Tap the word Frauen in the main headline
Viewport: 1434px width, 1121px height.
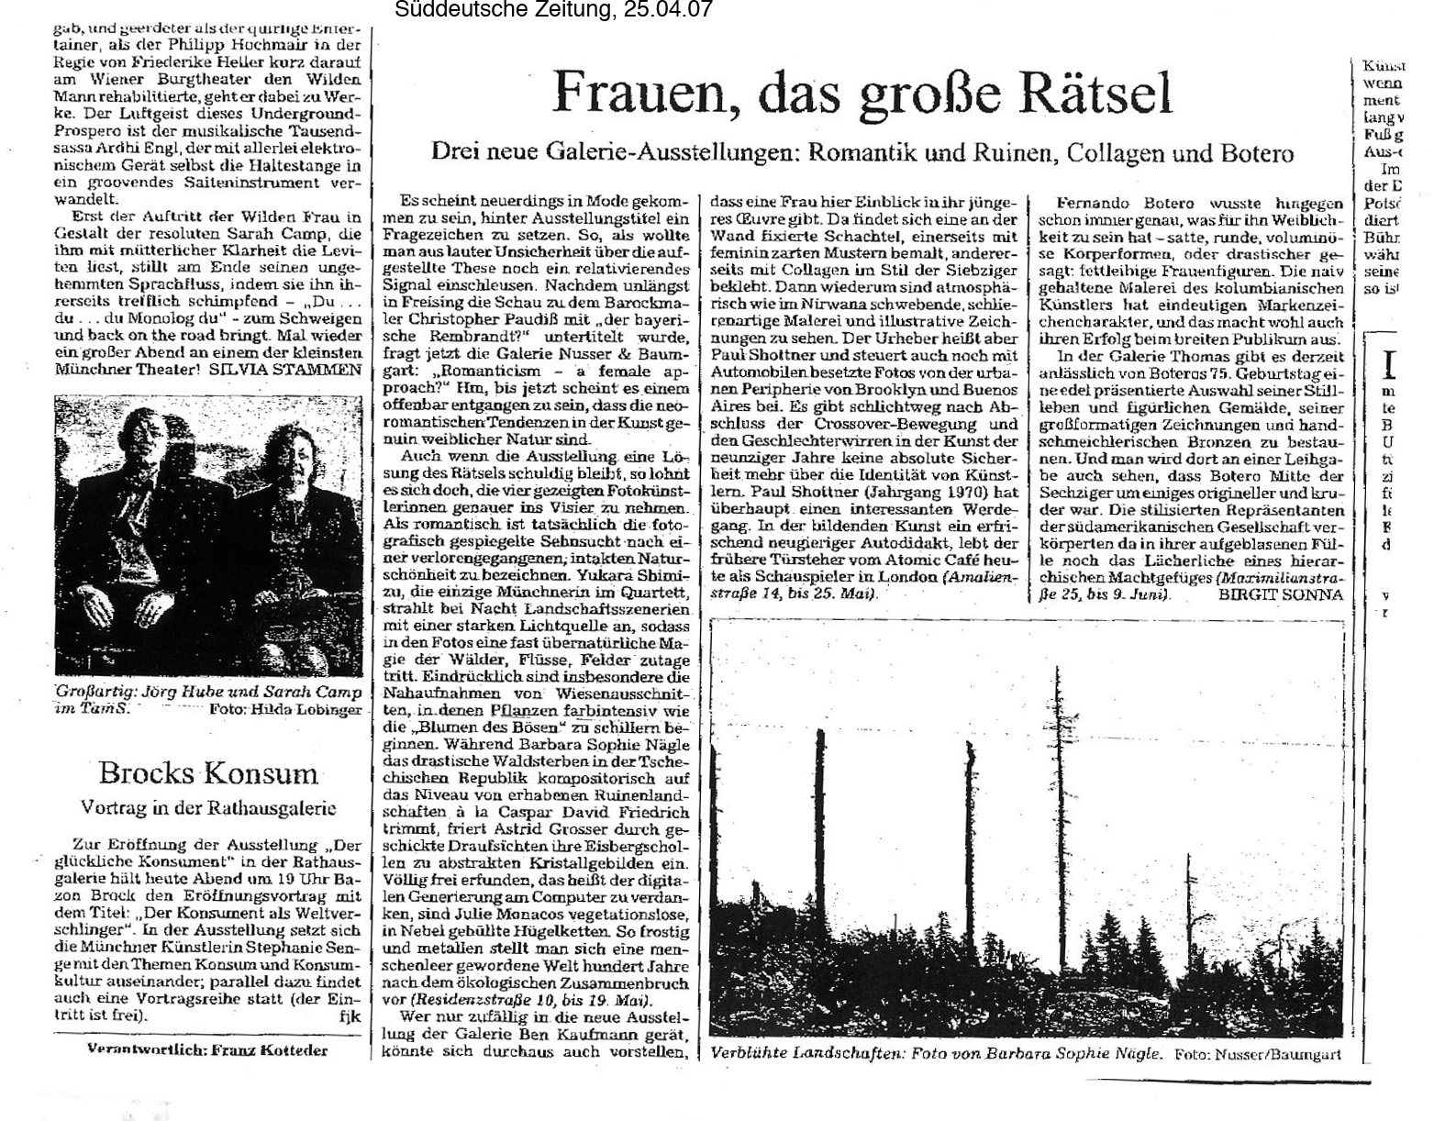639,94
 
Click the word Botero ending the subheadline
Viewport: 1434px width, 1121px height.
1256,152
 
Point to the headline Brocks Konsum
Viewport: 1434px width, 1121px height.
208,772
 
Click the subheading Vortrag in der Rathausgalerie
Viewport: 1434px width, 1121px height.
208,808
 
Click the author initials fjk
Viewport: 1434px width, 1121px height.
350,1016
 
